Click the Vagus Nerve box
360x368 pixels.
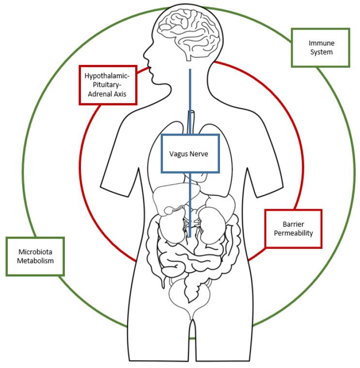click(x=190, y=153)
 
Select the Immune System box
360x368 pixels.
click(x=320, y=47)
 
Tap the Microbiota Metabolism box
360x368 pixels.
click(x=35, y=256)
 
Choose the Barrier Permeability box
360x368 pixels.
click(x=294, y=229)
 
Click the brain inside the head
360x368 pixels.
click(x=190, y=31)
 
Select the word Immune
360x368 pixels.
click(x=321, y=43)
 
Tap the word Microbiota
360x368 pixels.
click(x=35, y=252)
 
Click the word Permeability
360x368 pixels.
click(x=294, y=233)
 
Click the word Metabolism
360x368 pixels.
click(x=35, y=261)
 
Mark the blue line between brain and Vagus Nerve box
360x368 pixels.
click(x=190, y=102)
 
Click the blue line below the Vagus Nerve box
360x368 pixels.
click(x=190, y=203)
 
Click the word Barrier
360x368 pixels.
click(x=294, y=224)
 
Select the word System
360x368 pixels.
click(x=321, y=52)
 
